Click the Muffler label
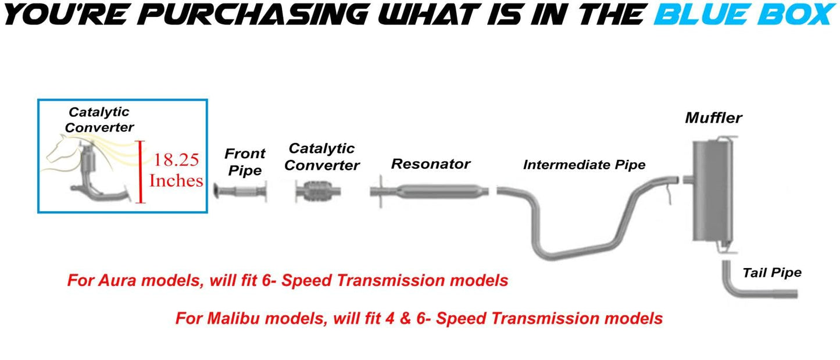tap(713, 117)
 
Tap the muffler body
tap(712, 191)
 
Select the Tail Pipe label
tap(772, 273)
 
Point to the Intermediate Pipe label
tap(584, 165)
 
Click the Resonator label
tap(431, 164)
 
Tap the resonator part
tap(430, 191)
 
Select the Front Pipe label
tap(245, 162)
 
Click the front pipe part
tap(240, 191)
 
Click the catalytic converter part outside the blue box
tap(318, 191)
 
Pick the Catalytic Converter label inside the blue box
tap(99, 120)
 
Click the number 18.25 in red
tap(176, 160)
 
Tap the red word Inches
tap(176, 181)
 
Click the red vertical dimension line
tap(140, 172)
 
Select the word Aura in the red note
tap(117, 280)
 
